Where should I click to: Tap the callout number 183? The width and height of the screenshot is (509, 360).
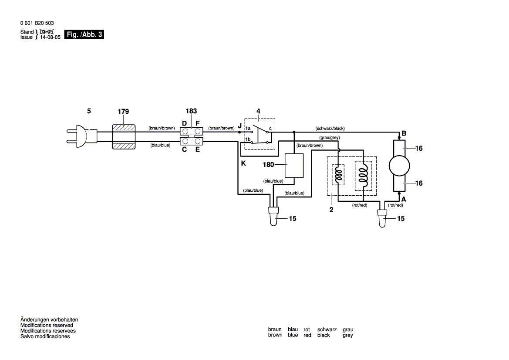[192, 112]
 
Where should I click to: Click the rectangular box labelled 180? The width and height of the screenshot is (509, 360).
[294, 166]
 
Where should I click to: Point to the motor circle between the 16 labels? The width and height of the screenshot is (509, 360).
[399, 166]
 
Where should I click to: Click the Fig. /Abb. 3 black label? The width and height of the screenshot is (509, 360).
[84, 35]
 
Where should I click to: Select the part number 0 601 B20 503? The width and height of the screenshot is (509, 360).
[37, 23]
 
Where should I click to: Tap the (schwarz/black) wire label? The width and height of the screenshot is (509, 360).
[330, 129]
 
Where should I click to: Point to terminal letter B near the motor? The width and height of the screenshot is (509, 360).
[404, 133]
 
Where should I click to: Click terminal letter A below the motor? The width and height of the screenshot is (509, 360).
[403, 199]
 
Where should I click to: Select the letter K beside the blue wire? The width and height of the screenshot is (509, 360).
[243, 163]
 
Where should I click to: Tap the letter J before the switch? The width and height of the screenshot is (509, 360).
[239, 126]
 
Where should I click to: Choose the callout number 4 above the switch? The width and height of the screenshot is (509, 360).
[258, 112]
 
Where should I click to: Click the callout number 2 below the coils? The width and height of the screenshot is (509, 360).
[331, 210]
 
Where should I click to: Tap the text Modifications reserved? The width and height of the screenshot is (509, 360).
[47, 325]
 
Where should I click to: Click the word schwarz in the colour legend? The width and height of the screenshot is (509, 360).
[327, 329]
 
